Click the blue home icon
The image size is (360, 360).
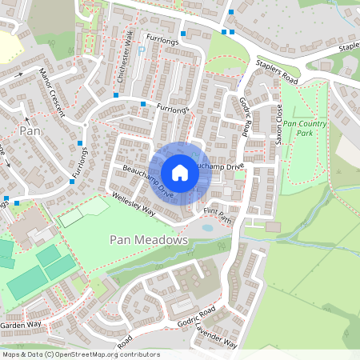point(180,173)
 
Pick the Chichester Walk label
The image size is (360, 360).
point(123,62)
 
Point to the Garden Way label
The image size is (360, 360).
point(20,326)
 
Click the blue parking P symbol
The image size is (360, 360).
point(142,51)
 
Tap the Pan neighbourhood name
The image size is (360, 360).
point(30,130)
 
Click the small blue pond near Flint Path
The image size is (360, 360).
point(207,227)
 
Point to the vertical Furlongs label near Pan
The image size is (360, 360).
point(78,163)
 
